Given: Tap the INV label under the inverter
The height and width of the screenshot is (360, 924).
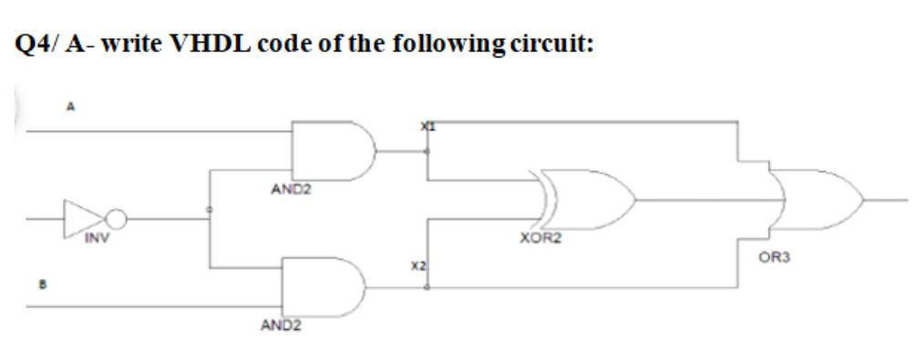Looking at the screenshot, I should point(96,240).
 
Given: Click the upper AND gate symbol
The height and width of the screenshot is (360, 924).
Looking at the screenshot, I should point(332,150).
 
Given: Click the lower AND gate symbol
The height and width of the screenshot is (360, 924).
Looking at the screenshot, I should point(323,286).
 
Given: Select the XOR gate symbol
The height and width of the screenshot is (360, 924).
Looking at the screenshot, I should point(584,198).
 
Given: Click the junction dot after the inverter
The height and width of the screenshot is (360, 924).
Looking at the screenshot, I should point(210,210).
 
